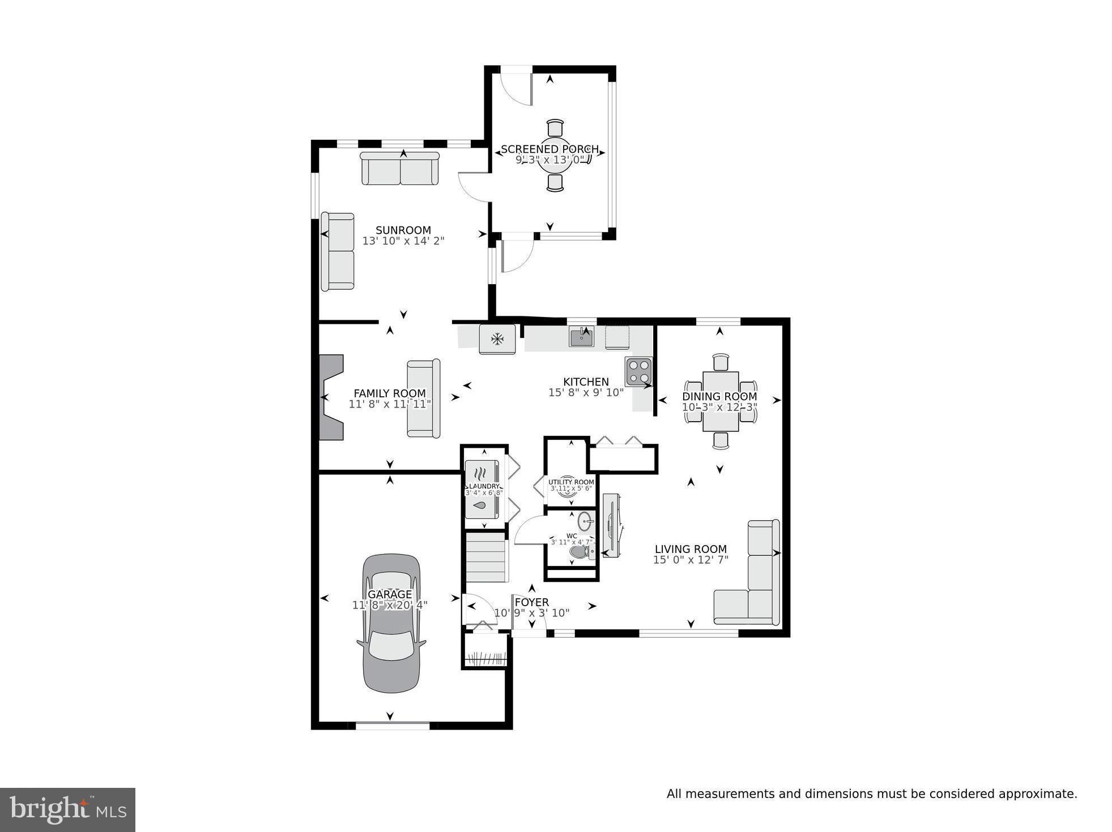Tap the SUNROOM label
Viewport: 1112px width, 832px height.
coord(403,230)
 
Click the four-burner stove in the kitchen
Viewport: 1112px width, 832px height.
coord(638,371)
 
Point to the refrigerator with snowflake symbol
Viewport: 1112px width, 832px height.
coord(497,340)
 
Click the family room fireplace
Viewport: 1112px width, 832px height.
coord(331,397)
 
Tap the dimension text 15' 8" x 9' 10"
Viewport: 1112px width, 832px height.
coord(586,392)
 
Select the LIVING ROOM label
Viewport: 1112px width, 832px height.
coord(690,549)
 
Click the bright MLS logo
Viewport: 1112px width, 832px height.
coord(67,810)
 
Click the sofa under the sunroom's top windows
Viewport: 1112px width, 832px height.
coord(400,169)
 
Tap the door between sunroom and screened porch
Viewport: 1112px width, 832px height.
coord(475,187)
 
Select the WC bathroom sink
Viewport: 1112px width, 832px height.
coord(586,520)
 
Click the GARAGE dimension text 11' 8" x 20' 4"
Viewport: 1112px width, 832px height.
coord(390,605)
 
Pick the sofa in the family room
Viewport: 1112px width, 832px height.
coord(424,398)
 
